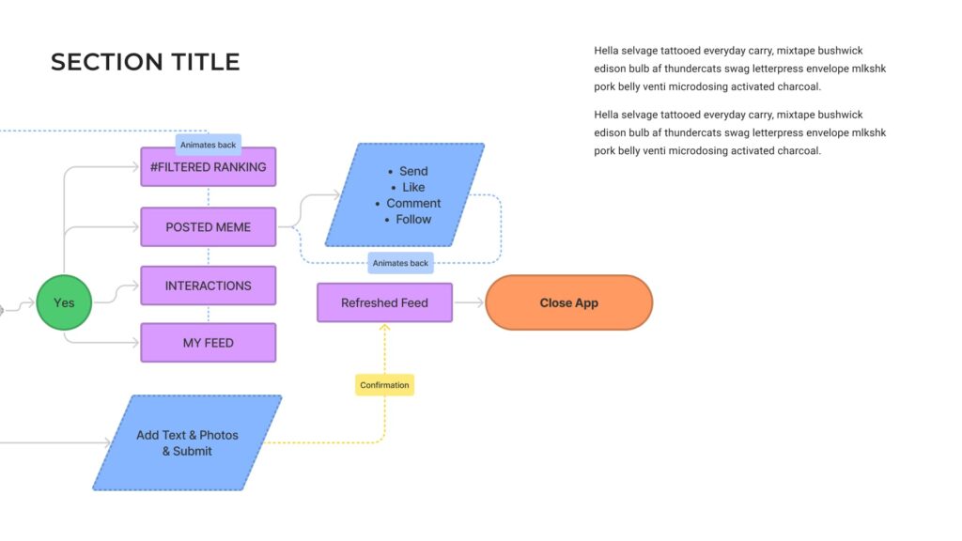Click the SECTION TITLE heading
(x=146, y=62)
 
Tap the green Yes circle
(x=64, y=302)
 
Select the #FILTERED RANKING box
(x=208, y=167)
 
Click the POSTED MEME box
(x=208, y=227)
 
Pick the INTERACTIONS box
(x=208, y=286)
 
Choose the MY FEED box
(x=208, y=343)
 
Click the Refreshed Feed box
(x=384, y=302)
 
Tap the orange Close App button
(x=568, y=302)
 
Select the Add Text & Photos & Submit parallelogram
(x=187, y=442)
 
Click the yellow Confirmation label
(x=384, y=385)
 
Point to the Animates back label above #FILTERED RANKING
(x=208, y=145)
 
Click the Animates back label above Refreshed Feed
(x=400, y=263)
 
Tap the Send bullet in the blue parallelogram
(x=413, y=171)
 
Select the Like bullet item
(x=413, y=187)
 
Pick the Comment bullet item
(x=413, y=203)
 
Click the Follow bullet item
(x=413, y=219)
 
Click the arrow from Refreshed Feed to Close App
(x=469, y=302)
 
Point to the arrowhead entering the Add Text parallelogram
(x=107, y=442)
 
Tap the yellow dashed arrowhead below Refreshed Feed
(x=384, y=328)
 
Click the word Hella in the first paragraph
(x=607, y=51)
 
